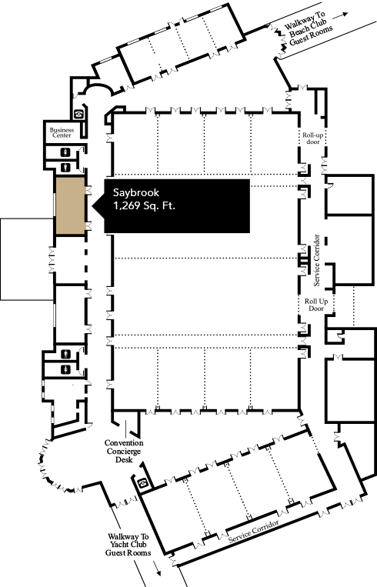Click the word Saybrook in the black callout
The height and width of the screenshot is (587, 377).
click(136, 193)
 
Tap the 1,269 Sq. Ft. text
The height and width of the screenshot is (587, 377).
click(144, 205)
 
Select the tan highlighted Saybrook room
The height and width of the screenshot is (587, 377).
click(70, 206)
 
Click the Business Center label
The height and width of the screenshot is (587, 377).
click(62, 132)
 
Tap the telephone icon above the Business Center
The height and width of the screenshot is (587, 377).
click(78, 114)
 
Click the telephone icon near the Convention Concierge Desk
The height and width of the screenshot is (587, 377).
click(142, 483)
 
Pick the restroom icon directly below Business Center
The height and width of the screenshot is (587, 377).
click(66, 152)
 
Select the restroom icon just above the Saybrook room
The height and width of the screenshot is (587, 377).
click(66, 167)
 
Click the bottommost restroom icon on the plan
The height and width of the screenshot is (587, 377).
click(66, 369)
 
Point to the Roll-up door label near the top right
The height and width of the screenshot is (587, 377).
click(313, 138)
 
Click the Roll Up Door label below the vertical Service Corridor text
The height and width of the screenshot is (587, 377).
click(316, 305)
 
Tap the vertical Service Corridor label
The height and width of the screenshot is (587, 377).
click(317, 260)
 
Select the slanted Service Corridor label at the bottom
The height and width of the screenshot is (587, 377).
click(254, 531)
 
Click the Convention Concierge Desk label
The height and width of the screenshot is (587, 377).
click(124, 451)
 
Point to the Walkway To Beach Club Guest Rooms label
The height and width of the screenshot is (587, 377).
click(308, 28)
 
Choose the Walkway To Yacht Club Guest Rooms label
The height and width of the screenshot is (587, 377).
click(128, 545)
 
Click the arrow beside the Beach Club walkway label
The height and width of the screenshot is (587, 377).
click(340, 15)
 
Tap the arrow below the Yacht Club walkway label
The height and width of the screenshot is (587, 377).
click(157, 568)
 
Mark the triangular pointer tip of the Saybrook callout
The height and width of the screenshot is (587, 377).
click(92, 206)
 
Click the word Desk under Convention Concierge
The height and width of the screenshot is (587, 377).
click(124, 459)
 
